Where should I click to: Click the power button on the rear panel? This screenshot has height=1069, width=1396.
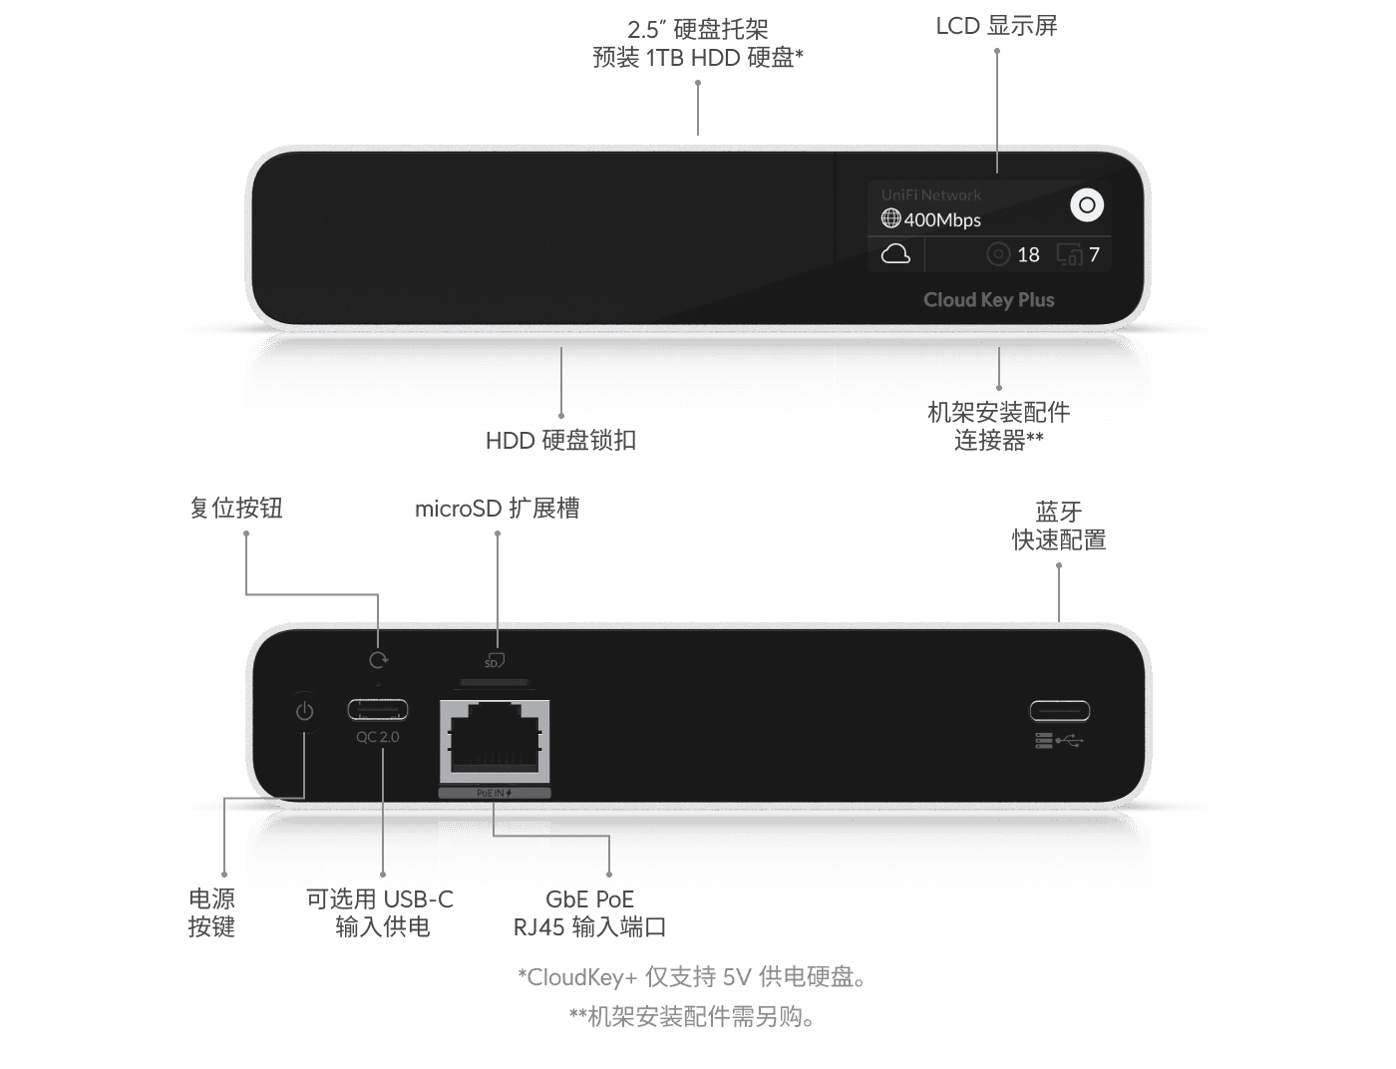tap(304, 711)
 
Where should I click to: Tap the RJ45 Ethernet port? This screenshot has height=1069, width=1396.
tap(495, 740)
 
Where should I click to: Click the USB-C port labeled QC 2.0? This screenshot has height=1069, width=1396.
tap(377, 710)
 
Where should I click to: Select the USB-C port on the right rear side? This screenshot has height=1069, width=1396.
tap(1059, 711)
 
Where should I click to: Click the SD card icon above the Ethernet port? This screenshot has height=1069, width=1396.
tap(494, 661)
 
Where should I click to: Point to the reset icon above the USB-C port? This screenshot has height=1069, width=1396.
tap(378, 660)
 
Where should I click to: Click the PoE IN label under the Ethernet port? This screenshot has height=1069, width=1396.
tap(494, 793)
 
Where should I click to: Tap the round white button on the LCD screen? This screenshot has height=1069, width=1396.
tap(1087, 205)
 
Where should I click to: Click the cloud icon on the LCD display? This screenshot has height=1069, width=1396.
tap(895, 254)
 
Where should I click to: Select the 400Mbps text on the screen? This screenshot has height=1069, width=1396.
tap(942, 220)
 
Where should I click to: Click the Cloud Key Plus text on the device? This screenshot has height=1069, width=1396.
tap(988, 300)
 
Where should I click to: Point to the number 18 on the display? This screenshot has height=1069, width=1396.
tap(1028, 255)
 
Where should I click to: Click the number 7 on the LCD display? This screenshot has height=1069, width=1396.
tap(1094, 255)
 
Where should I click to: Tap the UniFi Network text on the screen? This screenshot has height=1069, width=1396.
tap(930, 195)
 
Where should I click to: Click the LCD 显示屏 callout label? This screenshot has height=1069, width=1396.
tap(996, 27)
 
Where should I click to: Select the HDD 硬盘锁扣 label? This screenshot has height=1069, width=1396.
tap(560, 441)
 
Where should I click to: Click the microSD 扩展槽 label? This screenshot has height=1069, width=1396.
tap(497, 509)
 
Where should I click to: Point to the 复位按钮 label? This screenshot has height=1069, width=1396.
tap(236, 509)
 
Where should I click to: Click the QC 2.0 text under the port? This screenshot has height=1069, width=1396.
tap(377, 737)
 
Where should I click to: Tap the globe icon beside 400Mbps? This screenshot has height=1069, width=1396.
tap(890, 218)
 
